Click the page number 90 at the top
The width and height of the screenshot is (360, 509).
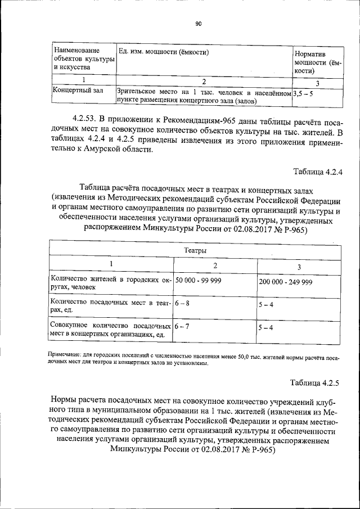coord(198,24)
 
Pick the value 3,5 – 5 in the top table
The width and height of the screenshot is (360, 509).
coord(303,94)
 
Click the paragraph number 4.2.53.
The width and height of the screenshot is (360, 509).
coord(85,119)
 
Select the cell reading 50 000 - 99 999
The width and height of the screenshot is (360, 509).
coord(198,280)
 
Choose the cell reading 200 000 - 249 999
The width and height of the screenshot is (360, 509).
coord(285,282)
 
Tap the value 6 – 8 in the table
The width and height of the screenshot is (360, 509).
coord(182,303)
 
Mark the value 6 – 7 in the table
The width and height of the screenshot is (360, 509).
coord(182,326)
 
